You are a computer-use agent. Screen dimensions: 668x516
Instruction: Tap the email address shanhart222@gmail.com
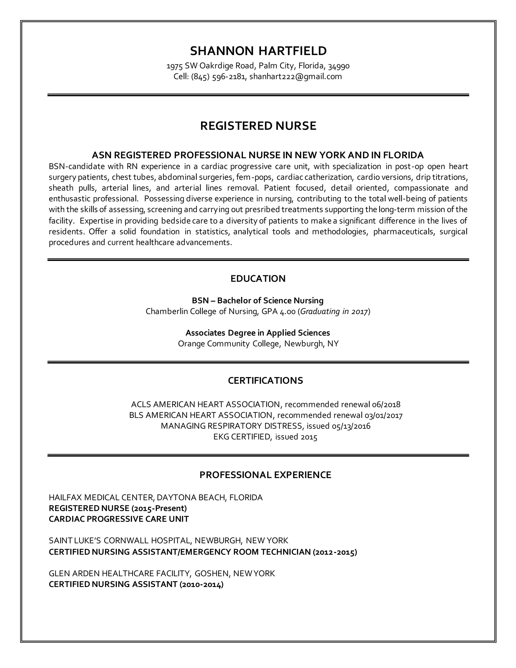click(x=296, y=76)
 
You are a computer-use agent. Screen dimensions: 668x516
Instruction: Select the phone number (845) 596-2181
click(x=218, y=76)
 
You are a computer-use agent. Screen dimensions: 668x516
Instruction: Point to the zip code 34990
click(x=339, y=66)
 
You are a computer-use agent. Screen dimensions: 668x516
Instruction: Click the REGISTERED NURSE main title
click(x=258, y=126)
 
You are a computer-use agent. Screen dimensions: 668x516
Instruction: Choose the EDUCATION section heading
click(x=258, y=279)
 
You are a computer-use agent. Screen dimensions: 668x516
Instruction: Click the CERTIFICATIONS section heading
click(x=265, y=380)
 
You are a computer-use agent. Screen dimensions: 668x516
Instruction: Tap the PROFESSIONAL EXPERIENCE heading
click(x=265, y=475)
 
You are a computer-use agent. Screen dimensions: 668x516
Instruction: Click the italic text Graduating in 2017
click(x=334, y=311)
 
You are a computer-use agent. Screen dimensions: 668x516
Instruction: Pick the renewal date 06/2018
click(x=386, y=404)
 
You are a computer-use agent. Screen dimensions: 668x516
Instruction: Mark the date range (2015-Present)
click(x=159, y=508)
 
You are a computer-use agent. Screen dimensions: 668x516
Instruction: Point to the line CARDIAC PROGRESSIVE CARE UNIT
click(x=119, y=519)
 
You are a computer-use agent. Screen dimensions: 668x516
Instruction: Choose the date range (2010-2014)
click(x=202, y=584)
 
